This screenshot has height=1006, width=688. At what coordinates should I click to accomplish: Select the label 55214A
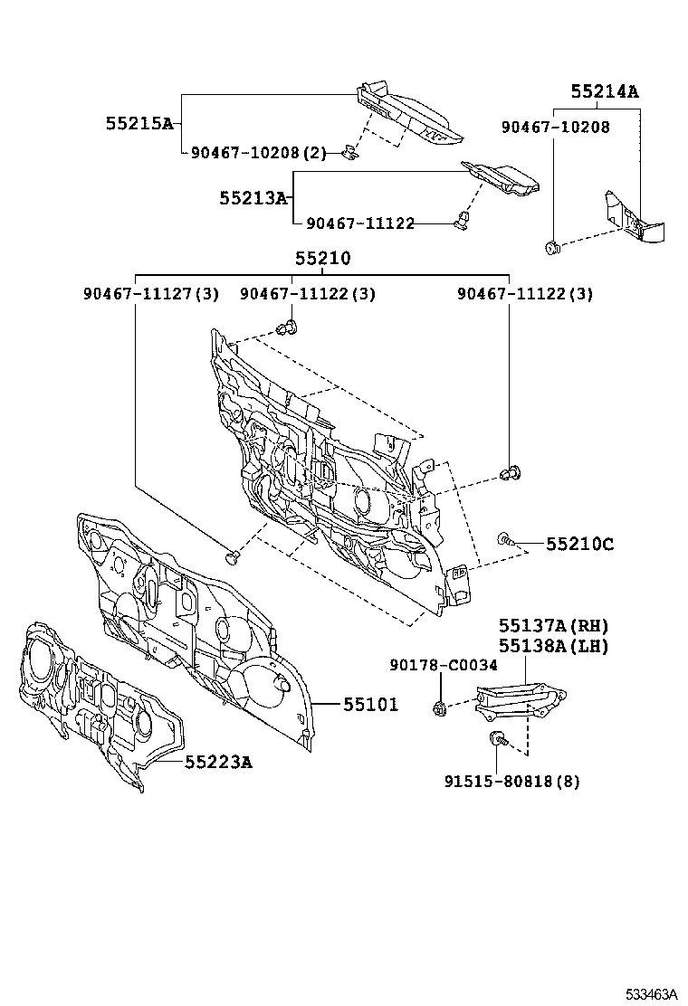(604, 92)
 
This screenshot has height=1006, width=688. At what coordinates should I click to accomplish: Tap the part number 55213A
(253, 196)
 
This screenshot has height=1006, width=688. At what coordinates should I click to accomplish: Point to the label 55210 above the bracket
(322, 259)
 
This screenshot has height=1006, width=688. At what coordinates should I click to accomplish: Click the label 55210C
(579, 544)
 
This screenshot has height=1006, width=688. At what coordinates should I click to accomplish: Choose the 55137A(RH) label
(553, 626)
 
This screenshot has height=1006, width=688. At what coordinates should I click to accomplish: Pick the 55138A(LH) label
(553, 646)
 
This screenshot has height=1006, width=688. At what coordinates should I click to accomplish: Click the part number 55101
(369, 704)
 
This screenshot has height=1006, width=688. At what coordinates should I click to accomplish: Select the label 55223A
(218, 762)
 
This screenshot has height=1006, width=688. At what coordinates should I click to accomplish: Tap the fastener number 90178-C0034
(443, 665)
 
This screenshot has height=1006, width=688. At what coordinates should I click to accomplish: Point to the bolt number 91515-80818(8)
(511, 781)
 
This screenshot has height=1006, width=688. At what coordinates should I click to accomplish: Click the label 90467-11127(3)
(150, 294)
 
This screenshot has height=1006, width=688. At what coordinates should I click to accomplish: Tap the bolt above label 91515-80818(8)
(497, 739)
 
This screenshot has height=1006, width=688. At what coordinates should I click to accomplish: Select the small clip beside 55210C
(504, 541)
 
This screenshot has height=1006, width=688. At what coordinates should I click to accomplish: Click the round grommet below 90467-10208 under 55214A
(551, 247)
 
